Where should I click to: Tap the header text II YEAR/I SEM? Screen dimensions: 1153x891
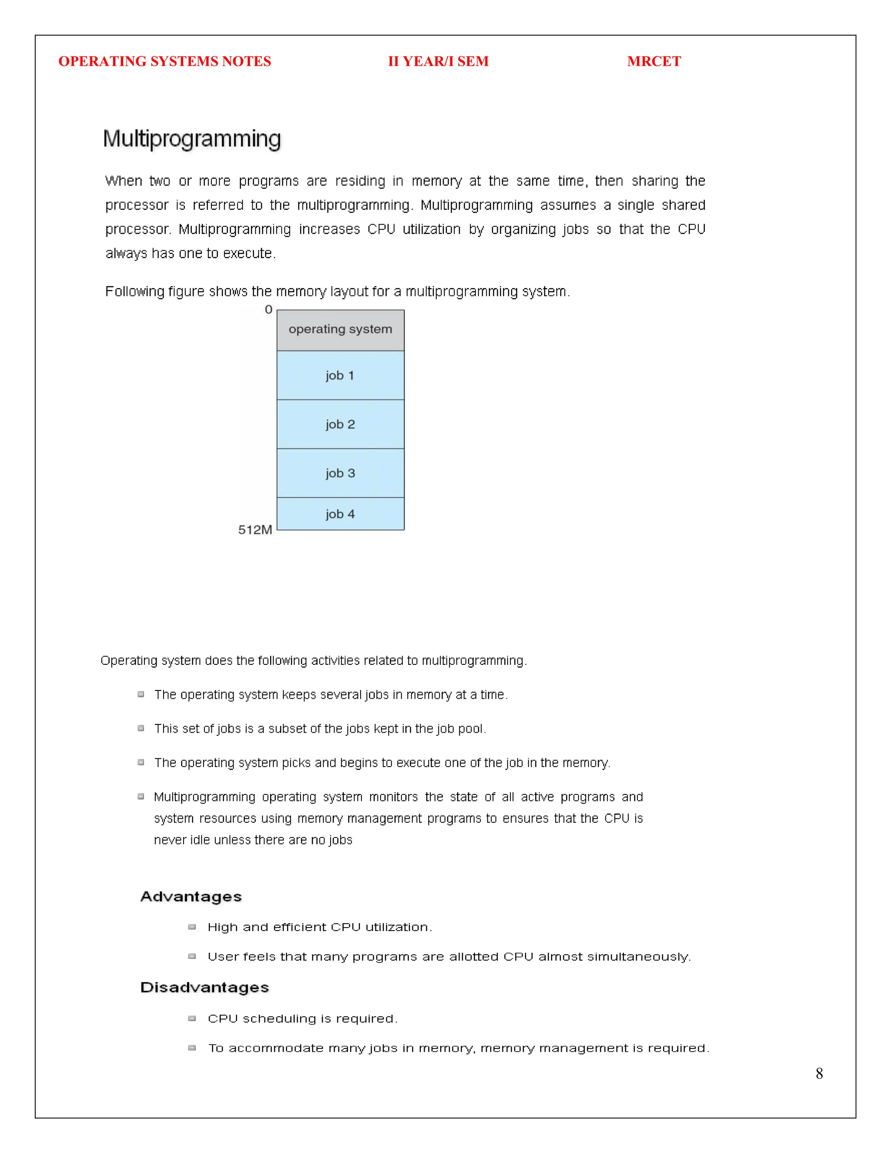pos(438,61)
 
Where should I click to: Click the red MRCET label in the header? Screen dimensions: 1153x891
pos(653,61)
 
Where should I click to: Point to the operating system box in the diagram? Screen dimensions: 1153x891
pos(341,330)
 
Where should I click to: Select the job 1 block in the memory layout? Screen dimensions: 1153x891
pos(341,375)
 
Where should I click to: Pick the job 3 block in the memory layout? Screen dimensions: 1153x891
pos(341,473)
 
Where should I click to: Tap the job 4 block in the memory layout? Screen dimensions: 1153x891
pos(341,514)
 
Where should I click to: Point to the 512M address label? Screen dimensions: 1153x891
pos(255,530)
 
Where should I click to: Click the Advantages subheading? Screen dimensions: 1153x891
pos(191,896)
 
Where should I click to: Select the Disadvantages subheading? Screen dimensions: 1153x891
pos(205,987)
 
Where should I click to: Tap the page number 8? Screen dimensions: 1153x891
pos(819,1073)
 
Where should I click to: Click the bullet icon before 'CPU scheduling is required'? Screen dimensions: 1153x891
pos(192,1019)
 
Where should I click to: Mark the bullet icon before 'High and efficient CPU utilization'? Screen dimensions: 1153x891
pos(192,927)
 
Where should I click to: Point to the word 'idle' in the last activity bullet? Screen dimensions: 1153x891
pos(200,839)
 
